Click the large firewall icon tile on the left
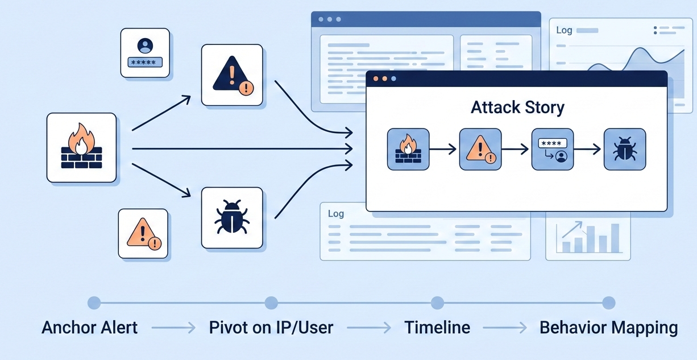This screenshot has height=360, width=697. click(81, 147)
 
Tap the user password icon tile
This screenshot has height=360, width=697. click(145, 52)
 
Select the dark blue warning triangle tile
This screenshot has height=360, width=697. click(232, 75)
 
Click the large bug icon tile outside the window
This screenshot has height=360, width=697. click(232, 217)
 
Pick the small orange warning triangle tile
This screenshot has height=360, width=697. click(143, 233)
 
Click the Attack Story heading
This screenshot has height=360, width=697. click(517, 107)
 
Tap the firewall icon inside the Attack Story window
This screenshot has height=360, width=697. click(408, 149)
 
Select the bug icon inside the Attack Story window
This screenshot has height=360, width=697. click(624, 149)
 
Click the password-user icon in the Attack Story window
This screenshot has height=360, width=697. click(552, 149)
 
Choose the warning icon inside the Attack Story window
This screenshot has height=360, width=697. click(480, 149)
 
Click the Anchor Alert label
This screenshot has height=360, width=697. click(89, 328)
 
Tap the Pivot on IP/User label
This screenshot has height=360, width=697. click(271, 328)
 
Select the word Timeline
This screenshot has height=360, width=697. click(437, 328)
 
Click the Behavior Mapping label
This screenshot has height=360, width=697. click(608, 328)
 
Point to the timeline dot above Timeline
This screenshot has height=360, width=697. click(437, 303)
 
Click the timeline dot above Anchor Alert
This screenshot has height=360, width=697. click(94, 303)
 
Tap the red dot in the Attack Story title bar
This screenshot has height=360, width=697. click(375, 78)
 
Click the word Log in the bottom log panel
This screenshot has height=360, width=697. click(336, 214)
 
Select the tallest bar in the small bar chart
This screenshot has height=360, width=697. click(615, 238)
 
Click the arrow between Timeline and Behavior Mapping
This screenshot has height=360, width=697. click(504, 328)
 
